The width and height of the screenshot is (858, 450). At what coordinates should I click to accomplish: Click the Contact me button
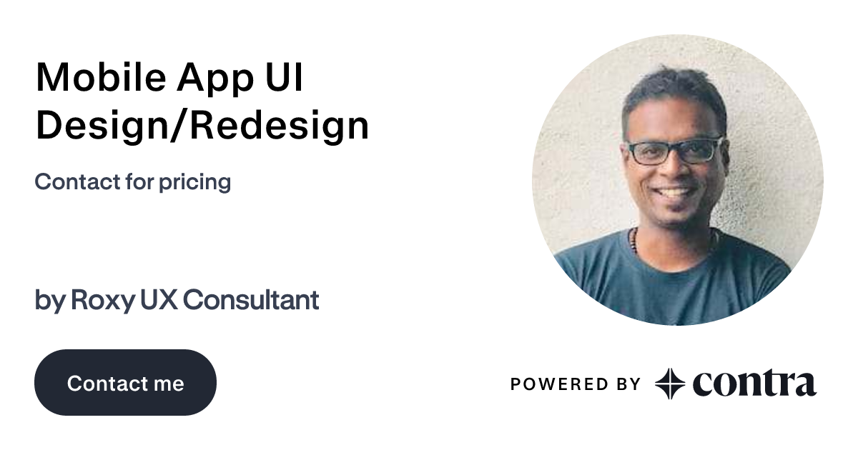pos(125,383)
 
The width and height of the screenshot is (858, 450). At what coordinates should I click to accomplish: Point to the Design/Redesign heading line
pos(202,126)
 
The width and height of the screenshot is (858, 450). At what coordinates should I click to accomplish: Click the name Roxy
pos(102,301)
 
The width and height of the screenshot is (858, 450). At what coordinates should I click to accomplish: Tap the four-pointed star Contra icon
pos(670,384)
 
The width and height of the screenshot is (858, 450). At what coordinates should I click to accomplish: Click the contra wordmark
pos(754,384)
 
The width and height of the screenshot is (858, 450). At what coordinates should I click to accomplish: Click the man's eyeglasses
pos(674,151)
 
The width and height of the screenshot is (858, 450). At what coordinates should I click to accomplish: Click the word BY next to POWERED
pos(626,384)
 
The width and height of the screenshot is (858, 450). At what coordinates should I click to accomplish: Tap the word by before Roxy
pos(50,301)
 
